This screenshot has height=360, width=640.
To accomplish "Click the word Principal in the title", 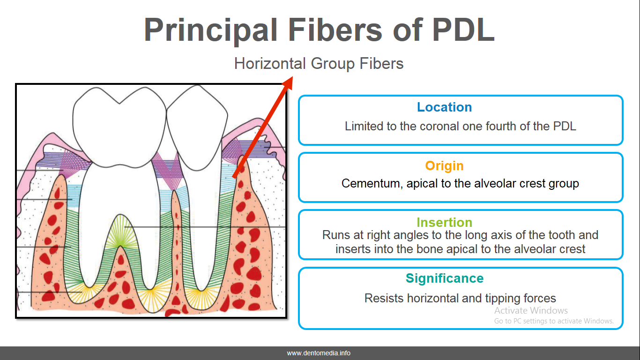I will [x=210, y=29].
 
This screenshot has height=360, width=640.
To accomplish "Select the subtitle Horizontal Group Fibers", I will [x=319, y=63].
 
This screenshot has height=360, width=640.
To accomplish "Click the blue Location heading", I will [x=444, y=107].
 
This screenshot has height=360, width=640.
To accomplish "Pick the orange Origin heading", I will [x=444, y=165].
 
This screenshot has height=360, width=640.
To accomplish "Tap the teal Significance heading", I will [x=444, y=278].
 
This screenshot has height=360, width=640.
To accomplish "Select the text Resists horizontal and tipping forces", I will [x=460, y=298].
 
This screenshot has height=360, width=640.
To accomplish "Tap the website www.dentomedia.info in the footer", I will [x=319, y=353].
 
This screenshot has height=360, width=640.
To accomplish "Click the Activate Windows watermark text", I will [x=531, y=310].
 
